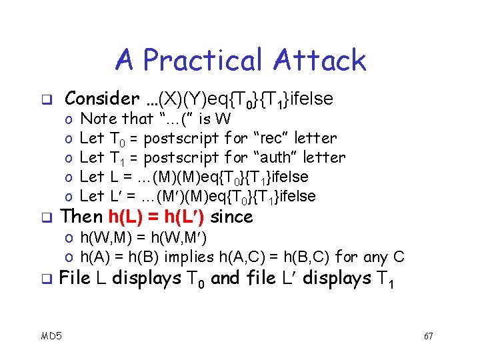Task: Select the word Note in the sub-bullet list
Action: pyautogui.click(x=97, y=119)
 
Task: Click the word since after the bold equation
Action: pyautogui.click(x=231, y=217)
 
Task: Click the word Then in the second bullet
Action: pyautogui.click(x=81, y=217)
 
